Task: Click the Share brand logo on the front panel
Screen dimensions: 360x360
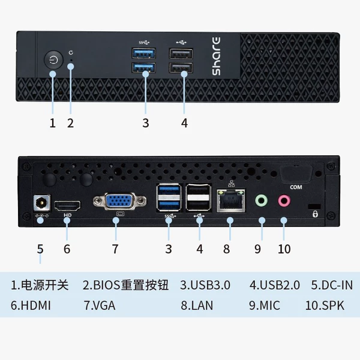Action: pos(216,56)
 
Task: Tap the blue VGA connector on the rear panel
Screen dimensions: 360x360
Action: pos(119,201)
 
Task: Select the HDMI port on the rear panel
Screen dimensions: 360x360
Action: pos(67,206)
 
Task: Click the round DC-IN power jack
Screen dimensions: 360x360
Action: pos(41,203)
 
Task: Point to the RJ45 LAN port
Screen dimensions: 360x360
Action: pos(230,200)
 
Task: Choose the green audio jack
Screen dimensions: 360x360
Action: pos(261,200)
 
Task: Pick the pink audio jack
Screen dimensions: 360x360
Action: pos(284,200)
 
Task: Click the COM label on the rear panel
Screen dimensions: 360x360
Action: pos(296,187)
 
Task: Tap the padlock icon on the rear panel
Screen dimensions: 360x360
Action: pos(315,214)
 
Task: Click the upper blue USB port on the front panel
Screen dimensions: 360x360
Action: pos(144,53)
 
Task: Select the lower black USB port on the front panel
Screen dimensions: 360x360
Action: pos(181,68)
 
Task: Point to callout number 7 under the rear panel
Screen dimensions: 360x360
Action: pos(115,249)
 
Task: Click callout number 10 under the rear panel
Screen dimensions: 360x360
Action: pos(284,249)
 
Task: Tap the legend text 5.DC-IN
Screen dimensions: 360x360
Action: pos(332,285)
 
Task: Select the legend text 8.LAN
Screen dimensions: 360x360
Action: pos(197,305)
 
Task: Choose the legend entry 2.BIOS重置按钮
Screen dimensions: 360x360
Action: pos(126,285)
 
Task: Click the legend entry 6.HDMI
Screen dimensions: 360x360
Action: pos(31,305)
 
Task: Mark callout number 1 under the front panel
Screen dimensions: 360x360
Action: pos(53,123)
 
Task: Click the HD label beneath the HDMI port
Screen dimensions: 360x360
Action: pos(67,215)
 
